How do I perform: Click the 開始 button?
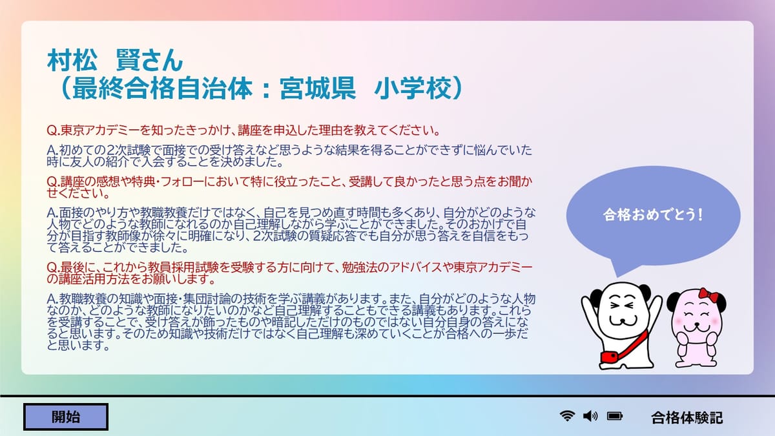66,417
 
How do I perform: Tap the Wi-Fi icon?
567,415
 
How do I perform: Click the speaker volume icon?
590,416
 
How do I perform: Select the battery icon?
615,416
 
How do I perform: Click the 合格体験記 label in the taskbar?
687,418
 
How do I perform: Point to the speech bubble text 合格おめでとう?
653,214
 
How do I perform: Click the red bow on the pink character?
708,295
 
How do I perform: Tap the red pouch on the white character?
610,357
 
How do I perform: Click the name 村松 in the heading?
72,60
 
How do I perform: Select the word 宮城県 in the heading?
318,88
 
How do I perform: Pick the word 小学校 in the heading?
413,88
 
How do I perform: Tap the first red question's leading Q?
52,130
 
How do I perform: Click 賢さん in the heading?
149,60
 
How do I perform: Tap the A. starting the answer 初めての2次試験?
52,151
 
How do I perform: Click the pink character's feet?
696,362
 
